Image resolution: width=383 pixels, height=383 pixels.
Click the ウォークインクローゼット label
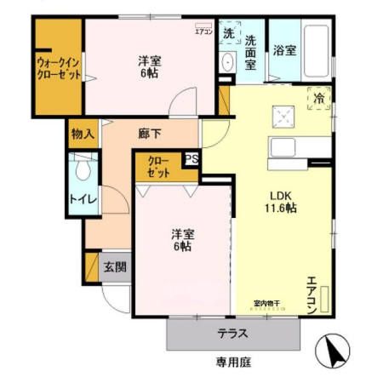[x=57, y=67]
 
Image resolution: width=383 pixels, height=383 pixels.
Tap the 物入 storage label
[x=83, y=134]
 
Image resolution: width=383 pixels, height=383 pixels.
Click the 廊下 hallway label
[x=150, y=134]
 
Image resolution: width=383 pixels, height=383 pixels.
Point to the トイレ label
[x=83, y=200]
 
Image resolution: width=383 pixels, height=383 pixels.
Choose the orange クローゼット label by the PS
[x=158, y=166]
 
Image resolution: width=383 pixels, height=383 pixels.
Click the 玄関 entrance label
[x=115, y=266]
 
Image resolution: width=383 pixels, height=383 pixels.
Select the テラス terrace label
[x=232, y=333]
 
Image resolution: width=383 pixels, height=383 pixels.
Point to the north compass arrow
[x=334, y=352]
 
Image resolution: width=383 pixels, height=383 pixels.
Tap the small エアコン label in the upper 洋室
[x=203, y=31]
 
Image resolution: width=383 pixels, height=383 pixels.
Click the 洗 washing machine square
[x=228, y=34]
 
